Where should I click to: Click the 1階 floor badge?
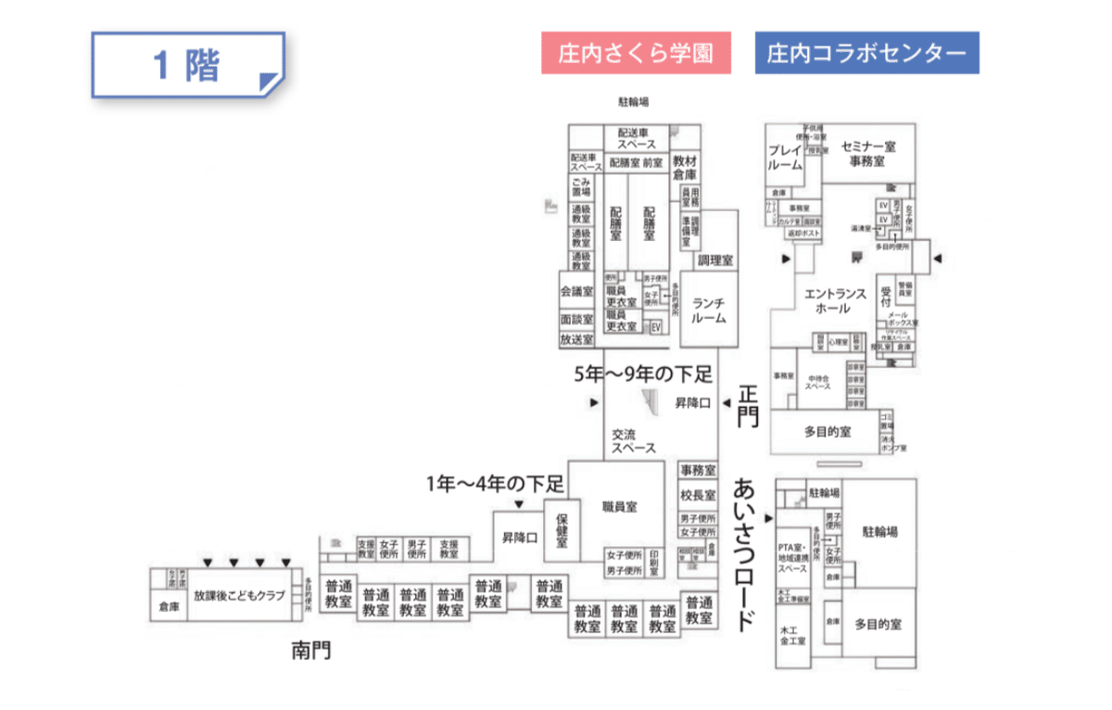187,66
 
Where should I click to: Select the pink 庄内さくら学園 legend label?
636,54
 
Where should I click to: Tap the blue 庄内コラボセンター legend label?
867,54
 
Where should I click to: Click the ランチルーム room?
708,311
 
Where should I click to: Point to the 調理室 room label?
715,260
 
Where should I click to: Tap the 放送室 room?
576,340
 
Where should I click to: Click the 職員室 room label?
620,506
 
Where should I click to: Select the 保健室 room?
562,532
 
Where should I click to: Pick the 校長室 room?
698,494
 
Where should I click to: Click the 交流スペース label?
634,441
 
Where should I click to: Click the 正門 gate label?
747,406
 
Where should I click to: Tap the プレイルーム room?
786,157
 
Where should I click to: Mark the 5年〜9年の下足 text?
643,374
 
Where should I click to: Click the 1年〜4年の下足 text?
495,483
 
